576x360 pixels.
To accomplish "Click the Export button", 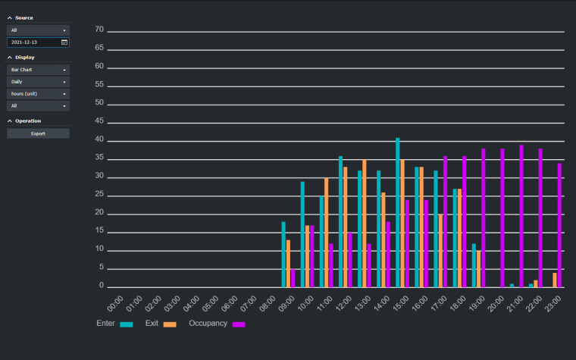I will point(38,133).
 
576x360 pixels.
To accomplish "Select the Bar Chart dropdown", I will point(38,70).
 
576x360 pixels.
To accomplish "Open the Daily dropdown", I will point(38,82).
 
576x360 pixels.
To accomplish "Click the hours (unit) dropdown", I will point(38,94).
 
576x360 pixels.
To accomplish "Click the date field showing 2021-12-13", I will point(33,42).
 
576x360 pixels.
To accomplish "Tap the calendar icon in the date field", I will point(64,42).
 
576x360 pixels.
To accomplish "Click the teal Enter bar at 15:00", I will point(398,212).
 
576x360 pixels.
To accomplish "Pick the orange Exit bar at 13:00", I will point(365,224).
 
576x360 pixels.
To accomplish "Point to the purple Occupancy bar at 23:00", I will point(560,225).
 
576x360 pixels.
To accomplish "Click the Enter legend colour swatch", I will point(127,324).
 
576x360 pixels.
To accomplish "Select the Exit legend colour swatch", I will point(170,324).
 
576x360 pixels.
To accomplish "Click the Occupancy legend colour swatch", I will point(239,324).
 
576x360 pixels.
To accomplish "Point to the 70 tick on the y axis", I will point(99,30).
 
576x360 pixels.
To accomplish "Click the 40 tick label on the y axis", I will point(99,140).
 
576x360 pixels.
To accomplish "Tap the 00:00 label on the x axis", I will point(115,304).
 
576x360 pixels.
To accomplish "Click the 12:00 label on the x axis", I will point(345,304).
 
